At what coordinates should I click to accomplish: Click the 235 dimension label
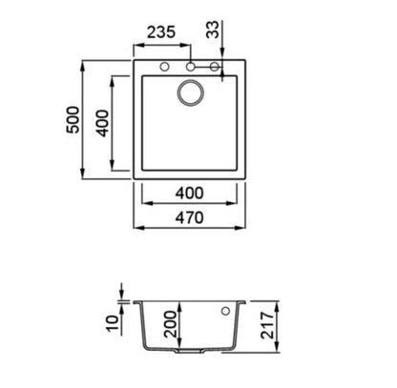tap(161, 32)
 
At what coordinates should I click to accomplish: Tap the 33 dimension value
tap(213, 30)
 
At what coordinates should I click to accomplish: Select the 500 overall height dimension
tap(73, 120)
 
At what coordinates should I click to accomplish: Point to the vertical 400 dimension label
tap(103, 123)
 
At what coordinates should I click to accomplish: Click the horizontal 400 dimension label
tap(189, 194)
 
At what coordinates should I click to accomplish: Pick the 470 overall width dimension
tap(189, 218)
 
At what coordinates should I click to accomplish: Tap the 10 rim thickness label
tap(113, 324)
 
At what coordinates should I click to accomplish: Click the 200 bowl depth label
tap(170, 324)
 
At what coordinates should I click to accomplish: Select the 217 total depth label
tap(267, 325)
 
